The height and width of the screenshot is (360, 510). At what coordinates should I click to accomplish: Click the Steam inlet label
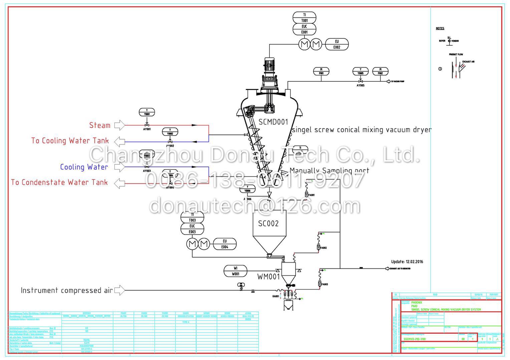[x=99, y=125]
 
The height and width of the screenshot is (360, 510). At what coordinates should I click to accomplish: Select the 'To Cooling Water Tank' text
[x=70, y=140]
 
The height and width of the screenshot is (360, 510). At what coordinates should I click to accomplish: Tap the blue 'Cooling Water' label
[x=84, y=167]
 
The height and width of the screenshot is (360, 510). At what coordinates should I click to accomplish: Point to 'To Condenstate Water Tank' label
[x=59, y=182]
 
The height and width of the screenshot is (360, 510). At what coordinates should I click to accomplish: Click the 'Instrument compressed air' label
[x=67, y=290]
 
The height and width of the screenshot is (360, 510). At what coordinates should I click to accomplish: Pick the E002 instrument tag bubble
[x=337, y=44]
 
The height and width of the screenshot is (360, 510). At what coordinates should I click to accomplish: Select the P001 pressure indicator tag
[x=321, y=71]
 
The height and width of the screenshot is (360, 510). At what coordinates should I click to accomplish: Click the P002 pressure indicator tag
[x=380, y=71]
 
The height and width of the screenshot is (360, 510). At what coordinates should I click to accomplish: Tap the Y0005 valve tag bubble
[x=360, y=71]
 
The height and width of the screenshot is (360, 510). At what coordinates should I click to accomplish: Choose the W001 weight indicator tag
[x=236, y=271]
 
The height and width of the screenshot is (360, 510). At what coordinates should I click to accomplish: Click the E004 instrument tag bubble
[x=225, y=244]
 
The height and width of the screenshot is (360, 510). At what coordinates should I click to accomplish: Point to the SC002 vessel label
[x=268, y=224]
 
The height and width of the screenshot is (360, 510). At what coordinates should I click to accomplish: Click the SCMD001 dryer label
[x=273, y=122]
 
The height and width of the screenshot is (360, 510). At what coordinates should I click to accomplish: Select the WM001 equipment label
[x=268, y=277]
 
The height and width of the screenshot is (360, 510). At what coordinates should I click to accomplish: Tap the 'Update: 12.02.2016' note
[x=407, y=262]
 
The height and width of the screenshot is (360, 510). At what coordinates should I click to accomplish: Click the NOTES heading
[x=440, y=28]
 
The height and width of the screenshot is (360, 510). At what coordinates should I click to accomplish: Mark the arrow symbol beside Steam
[x=119, y=125]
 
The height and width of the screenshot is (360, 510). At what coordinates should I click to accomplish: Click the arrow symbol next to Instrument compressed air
[x=119, y=290]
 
